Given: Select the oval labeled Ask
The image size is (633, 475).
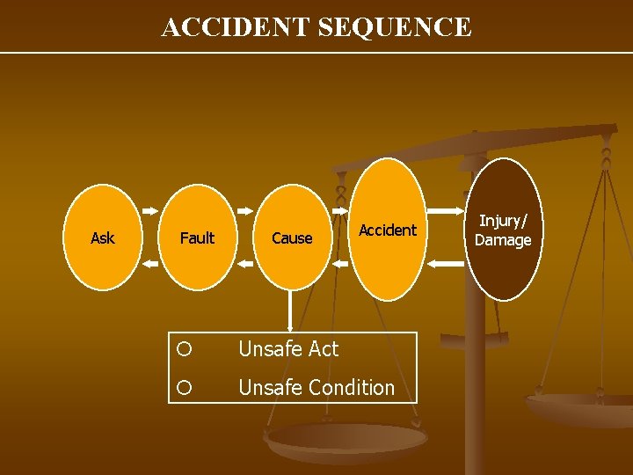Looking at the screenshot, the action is (103, 237).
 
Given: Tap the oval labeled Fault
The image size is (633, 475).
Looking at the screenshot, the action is (197, 237).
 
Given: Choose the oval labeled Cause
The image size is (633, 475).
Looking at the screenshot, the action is (292, 237).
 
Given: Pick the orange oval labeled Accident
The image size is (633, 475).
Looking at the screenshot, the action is (388, 230).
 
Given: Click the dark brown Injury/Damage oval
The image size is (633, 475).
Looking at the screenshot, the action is (503, 230).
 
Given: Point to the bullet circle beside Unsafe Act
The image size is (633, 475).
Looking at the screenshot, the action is (184, 349).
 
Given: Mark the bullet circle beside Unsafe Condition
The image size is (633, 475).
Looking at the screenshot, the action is (184, 387).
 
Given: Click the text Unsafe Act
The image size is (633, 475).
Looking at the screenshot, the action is (288, 349).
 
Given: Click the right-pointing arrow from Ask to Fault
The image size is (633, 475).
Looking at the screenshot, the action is (149, 211).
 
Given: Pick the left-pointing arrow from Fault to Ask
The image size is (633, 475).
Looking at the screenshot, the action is (149, 263).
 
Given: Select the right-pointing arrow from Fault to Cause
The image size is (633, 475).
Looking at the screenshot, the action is (244, 211).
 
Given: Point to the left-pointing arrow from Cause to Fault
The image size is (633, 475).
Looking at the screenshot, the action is (244, 263).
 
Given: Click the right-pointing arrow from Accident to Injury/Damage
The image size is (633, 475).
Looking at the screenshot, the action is (445, 211).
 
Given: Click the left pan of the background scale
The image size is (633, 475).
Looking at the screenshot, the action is (346, 439).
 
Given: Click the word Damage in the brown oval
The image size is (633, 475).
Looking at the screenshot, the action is (503, 240).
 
